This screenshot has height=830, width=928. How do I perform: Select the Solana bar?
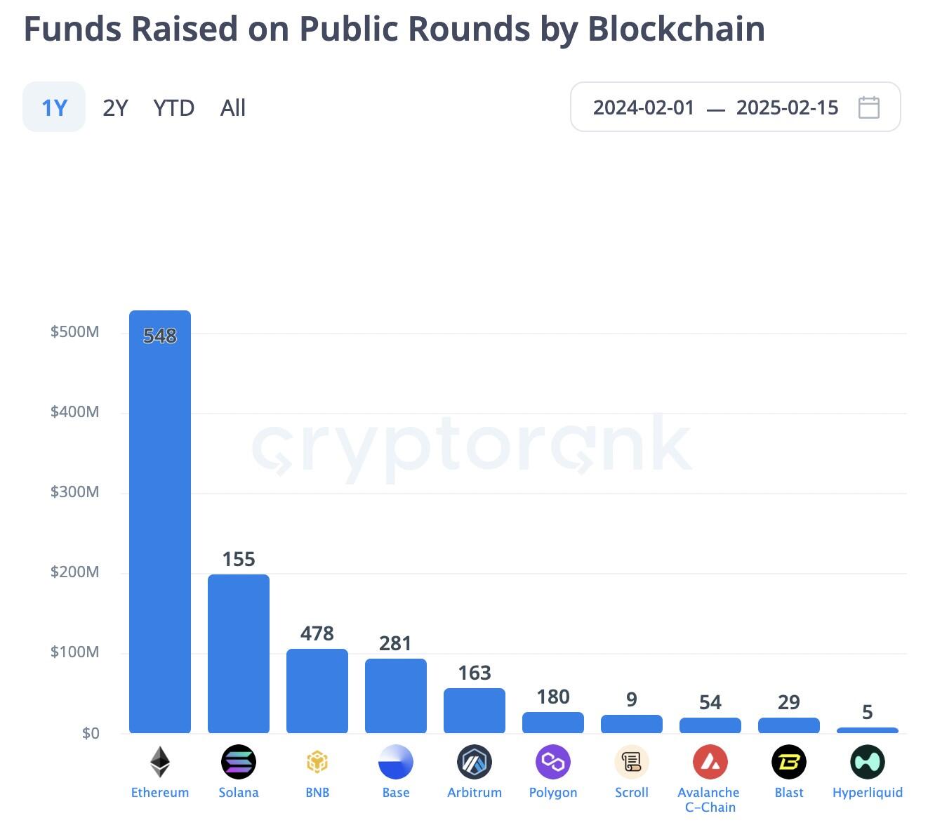(x=239, y=653)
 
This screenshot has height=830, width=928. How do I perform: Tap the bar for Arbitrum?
(x=475, y=711)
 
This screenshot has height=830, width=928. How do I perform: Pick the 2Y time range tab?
(x=115, y=108)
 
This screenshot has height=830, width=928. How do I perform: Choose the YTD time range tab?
(x=173, y=108)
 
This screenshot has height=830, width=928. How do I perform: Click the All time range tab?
(x=233, y=108)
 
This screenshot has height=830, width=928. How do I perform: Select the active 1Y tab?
(x=54, y=107)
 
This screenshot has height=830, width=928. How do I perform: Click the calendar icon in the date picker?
(x=869, y=107)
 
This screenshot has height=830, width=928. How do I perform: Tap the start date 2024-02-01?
(x=643, y=107)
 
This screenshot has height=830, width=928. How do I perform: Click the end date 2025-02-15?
(x=787, y=107)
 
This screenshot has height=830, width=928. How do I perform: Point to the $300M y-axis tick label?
(x=74, y=492)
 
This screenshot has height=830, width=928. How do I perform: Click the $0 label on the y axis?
(x=91, y=733)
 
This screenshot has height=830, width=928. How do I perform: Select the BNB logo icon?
(x=317, y=762)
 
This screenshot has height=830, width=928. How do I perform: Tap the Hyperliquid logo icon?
(x=868, y=762)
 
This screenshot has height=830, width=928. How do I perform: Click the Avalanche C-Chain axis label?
(x=709, y=799)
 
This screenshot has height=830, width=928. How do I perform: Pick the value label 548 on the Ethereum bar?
(x=160, y=336)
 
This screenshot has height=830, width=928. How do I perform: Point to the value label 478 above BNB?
(x=317, y=633)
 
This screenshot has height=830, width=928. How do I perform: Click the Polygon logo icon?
(x=553, y=762)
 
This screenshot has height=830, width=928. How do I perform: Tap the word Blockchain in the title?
(x=676, y=29)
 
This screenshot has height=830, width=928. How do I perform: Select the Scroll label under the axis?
(x=632, y=792)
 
